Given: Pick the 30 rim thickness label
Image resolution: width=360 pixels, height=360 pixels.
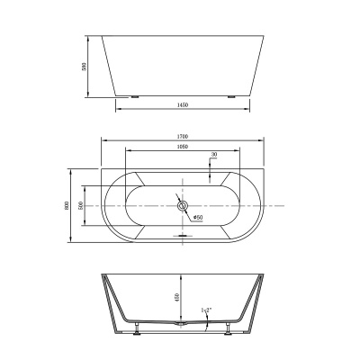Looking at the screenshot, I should [x=212, y=155].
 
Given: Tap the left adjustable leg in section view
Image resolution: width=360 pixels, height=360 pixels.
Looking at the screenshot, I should [x=136, y=329].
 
